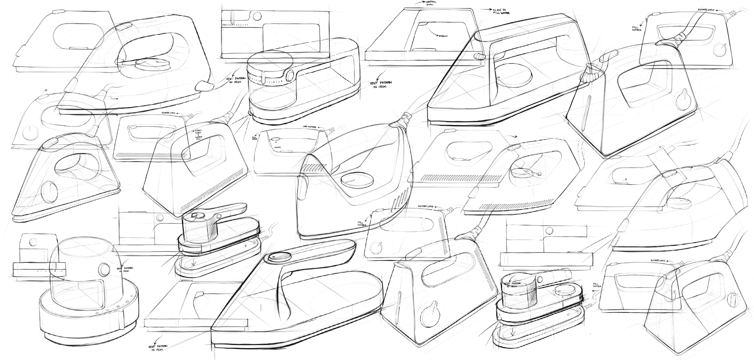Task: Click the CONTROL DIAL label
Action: pyautogui.click(x=429, y=3)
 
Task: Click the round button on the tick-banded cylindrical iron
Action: pyautogui.click(x=290, y=75)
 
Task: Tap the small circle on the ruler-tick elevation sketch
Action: pyautogui.click(x=257, y=15)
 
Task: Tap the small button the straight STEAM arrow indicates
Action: pyautogui.click(x=276, y=139)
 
